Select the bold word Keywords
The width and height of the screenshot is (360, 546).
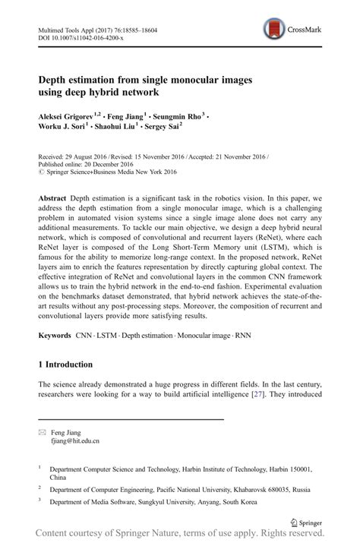[58, 335]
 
